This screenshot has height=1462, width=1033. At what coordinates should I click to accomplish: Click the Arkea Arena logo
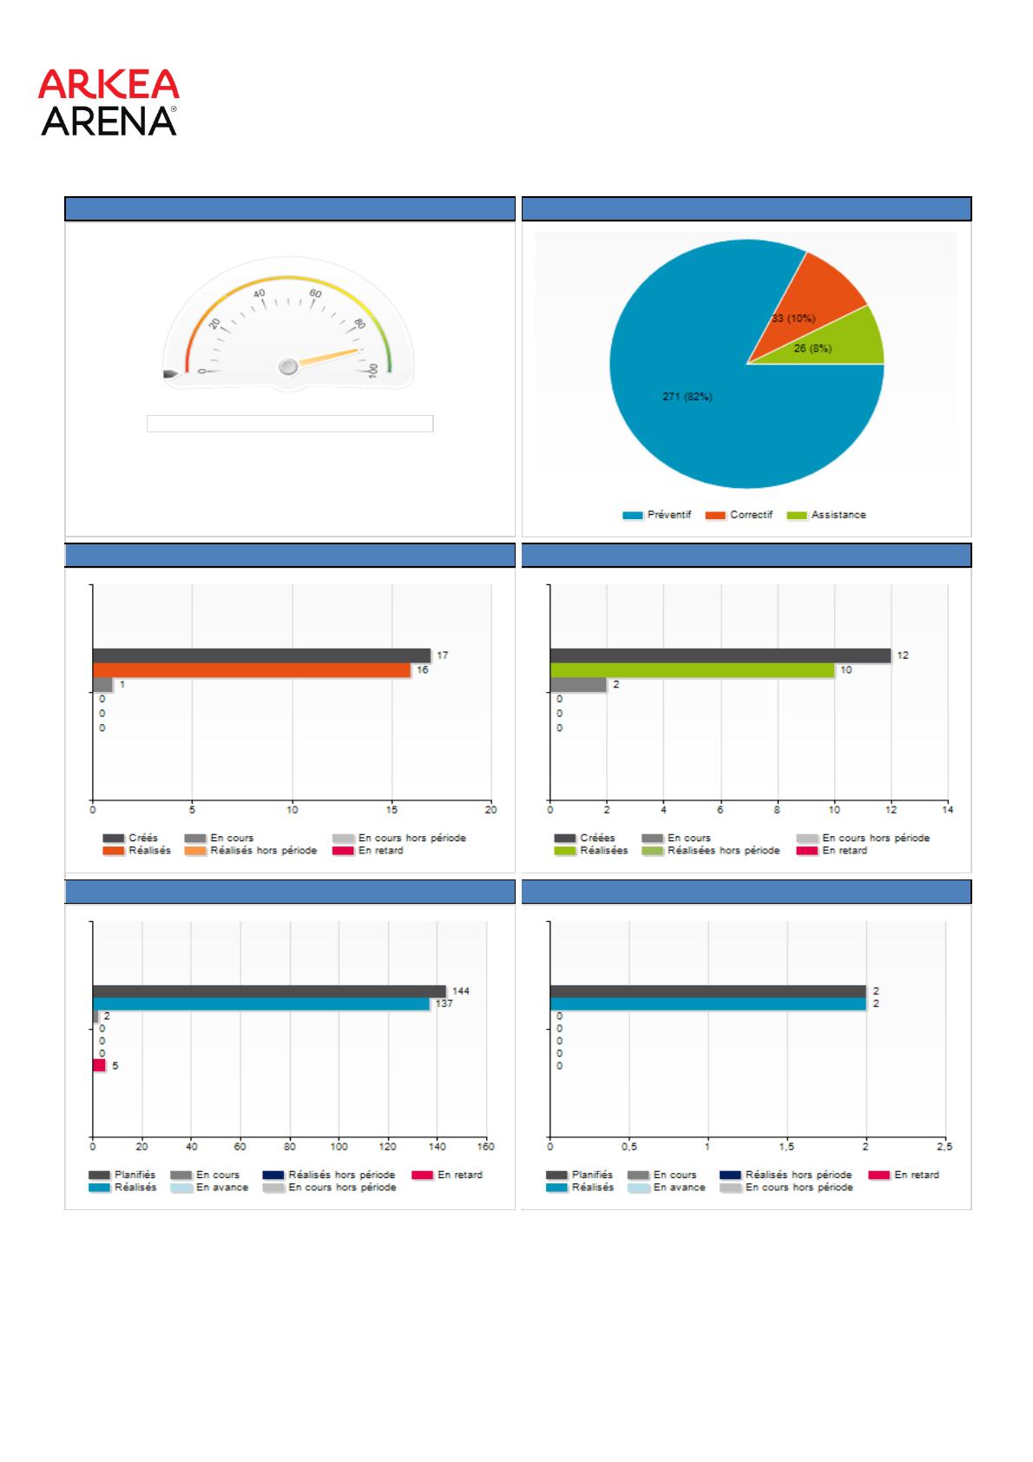point(109,102)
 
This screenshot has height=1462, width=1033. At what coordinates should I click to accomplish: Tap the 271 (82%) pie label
point(687,397)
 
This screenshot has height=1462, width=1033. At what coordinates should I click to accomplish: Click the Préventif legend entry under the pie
point(657,515)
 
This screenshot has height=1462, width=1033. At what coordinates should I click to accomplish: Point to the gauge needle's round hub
point(288,367)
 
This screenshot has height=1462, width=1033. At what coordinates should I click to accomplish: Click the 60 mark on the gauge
point(316,293)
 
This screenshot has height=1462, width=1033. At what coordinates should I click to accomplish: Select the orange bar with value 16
point(252,670)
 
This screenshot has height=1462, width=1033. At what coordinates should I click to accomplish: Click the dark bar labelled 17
point(261,655)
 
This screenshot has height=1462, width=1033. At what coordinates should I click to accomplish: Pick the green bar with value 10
point(692,670)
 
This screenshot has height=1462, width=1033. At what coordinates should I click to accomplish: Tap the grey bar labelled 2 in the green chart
point(578,685)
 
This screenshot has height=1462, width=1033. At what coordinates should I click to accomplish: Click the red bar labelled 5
point(99,1065)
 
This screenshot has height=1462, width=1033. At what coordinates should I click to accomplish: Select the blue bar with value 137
point(261,1004)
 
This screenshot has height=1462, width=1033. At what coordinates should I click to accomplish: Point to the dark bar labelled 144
point(269,991)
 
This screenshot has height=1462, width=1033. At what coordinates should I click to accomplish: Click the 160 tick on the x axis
point(486,1147)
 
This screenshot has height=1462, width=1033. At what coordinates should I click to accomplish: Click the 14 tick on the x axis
point(948,810)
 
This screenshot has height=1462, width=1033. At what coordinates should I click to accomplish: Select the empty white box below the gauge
point(290,424)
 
